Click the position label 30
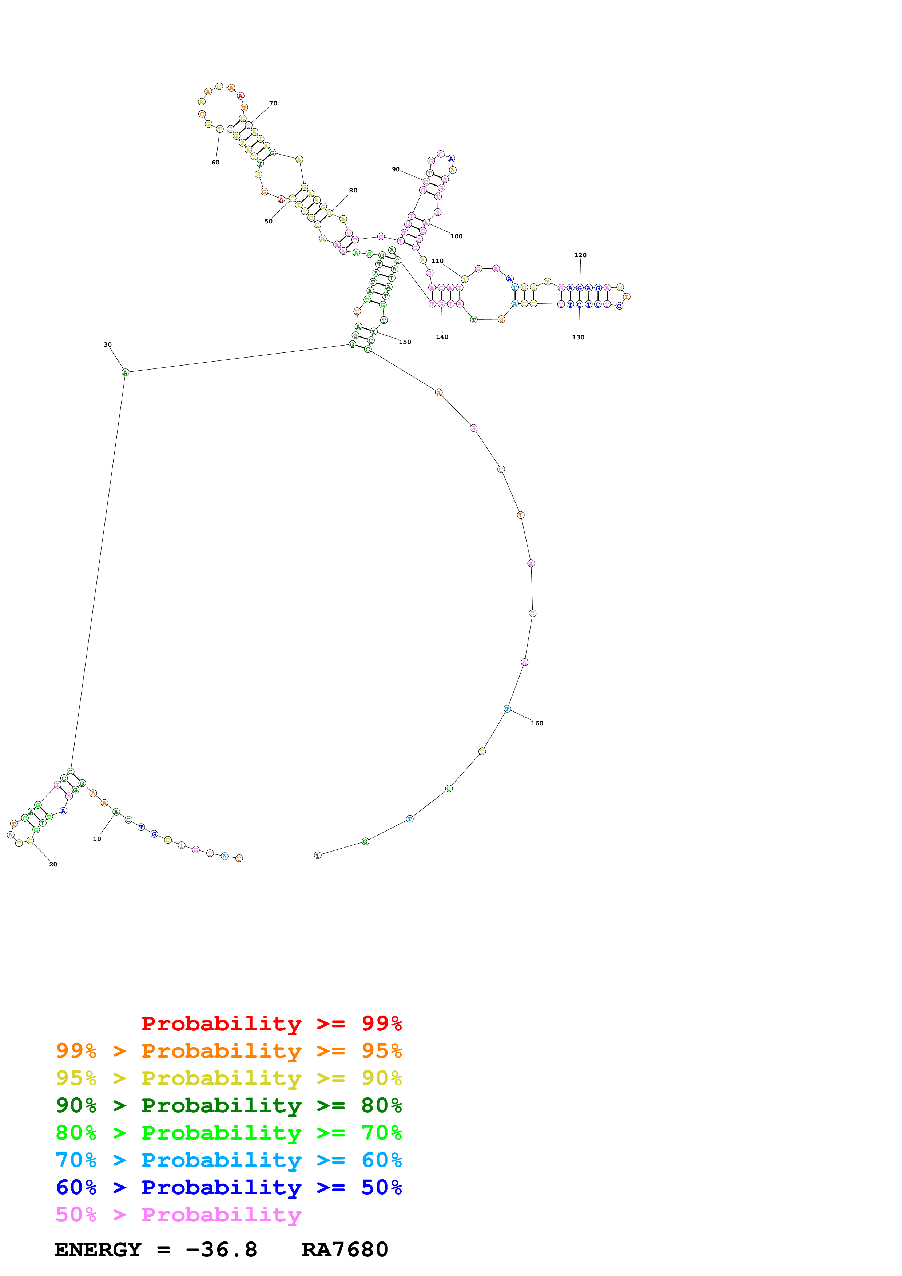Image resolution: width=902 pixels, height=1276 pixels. click(x=107, y=344)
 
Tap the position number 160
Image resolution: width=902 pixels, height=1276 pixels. click(x=537, y=723)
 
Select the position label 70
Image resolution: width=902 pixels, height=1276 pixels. click(x=273, y=103)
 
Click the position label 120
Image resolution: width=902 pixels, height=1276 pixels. click(x=580, y=255)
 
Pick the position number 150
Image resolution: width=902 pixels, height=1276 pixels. click(x=405, y=342)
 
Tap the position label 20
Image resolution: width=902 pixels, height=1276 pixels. click(x=53, y=864)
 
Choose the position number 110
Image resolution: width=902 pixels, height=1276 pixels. click(x=437, y=261)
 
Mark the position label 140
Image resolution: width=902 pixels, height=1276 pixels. click(x=442, y=337)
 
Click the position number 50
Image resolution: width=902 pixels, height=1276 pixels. click(x=269, y=221)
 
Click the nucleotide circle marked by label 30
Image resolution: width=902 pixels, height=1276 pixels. click(x=125, y=372)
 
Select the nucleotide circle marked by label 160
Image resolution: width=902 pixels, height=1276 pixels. click(x=507, y=709)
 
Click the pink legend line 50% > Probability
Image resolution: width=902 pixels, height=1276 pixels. click(x=178, y=1214)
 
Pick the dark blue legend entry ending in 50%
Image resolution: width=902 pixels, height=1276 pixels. click(x=229, y=1187)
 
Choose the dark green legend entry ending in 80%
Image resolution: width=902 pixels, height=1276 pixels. click(x=229, y=1105)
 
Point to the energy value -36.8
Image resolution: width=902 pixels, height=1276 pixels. click(x=221, y=1250)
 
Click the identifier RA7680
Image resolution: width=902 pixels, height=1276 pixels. click(x=345, y=1250)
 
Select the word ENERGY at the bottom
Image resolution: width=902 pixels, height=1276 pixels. click(x=98, y=1250)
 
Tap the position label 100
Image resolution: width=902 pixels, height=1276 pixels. click(x=456, y=236)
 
